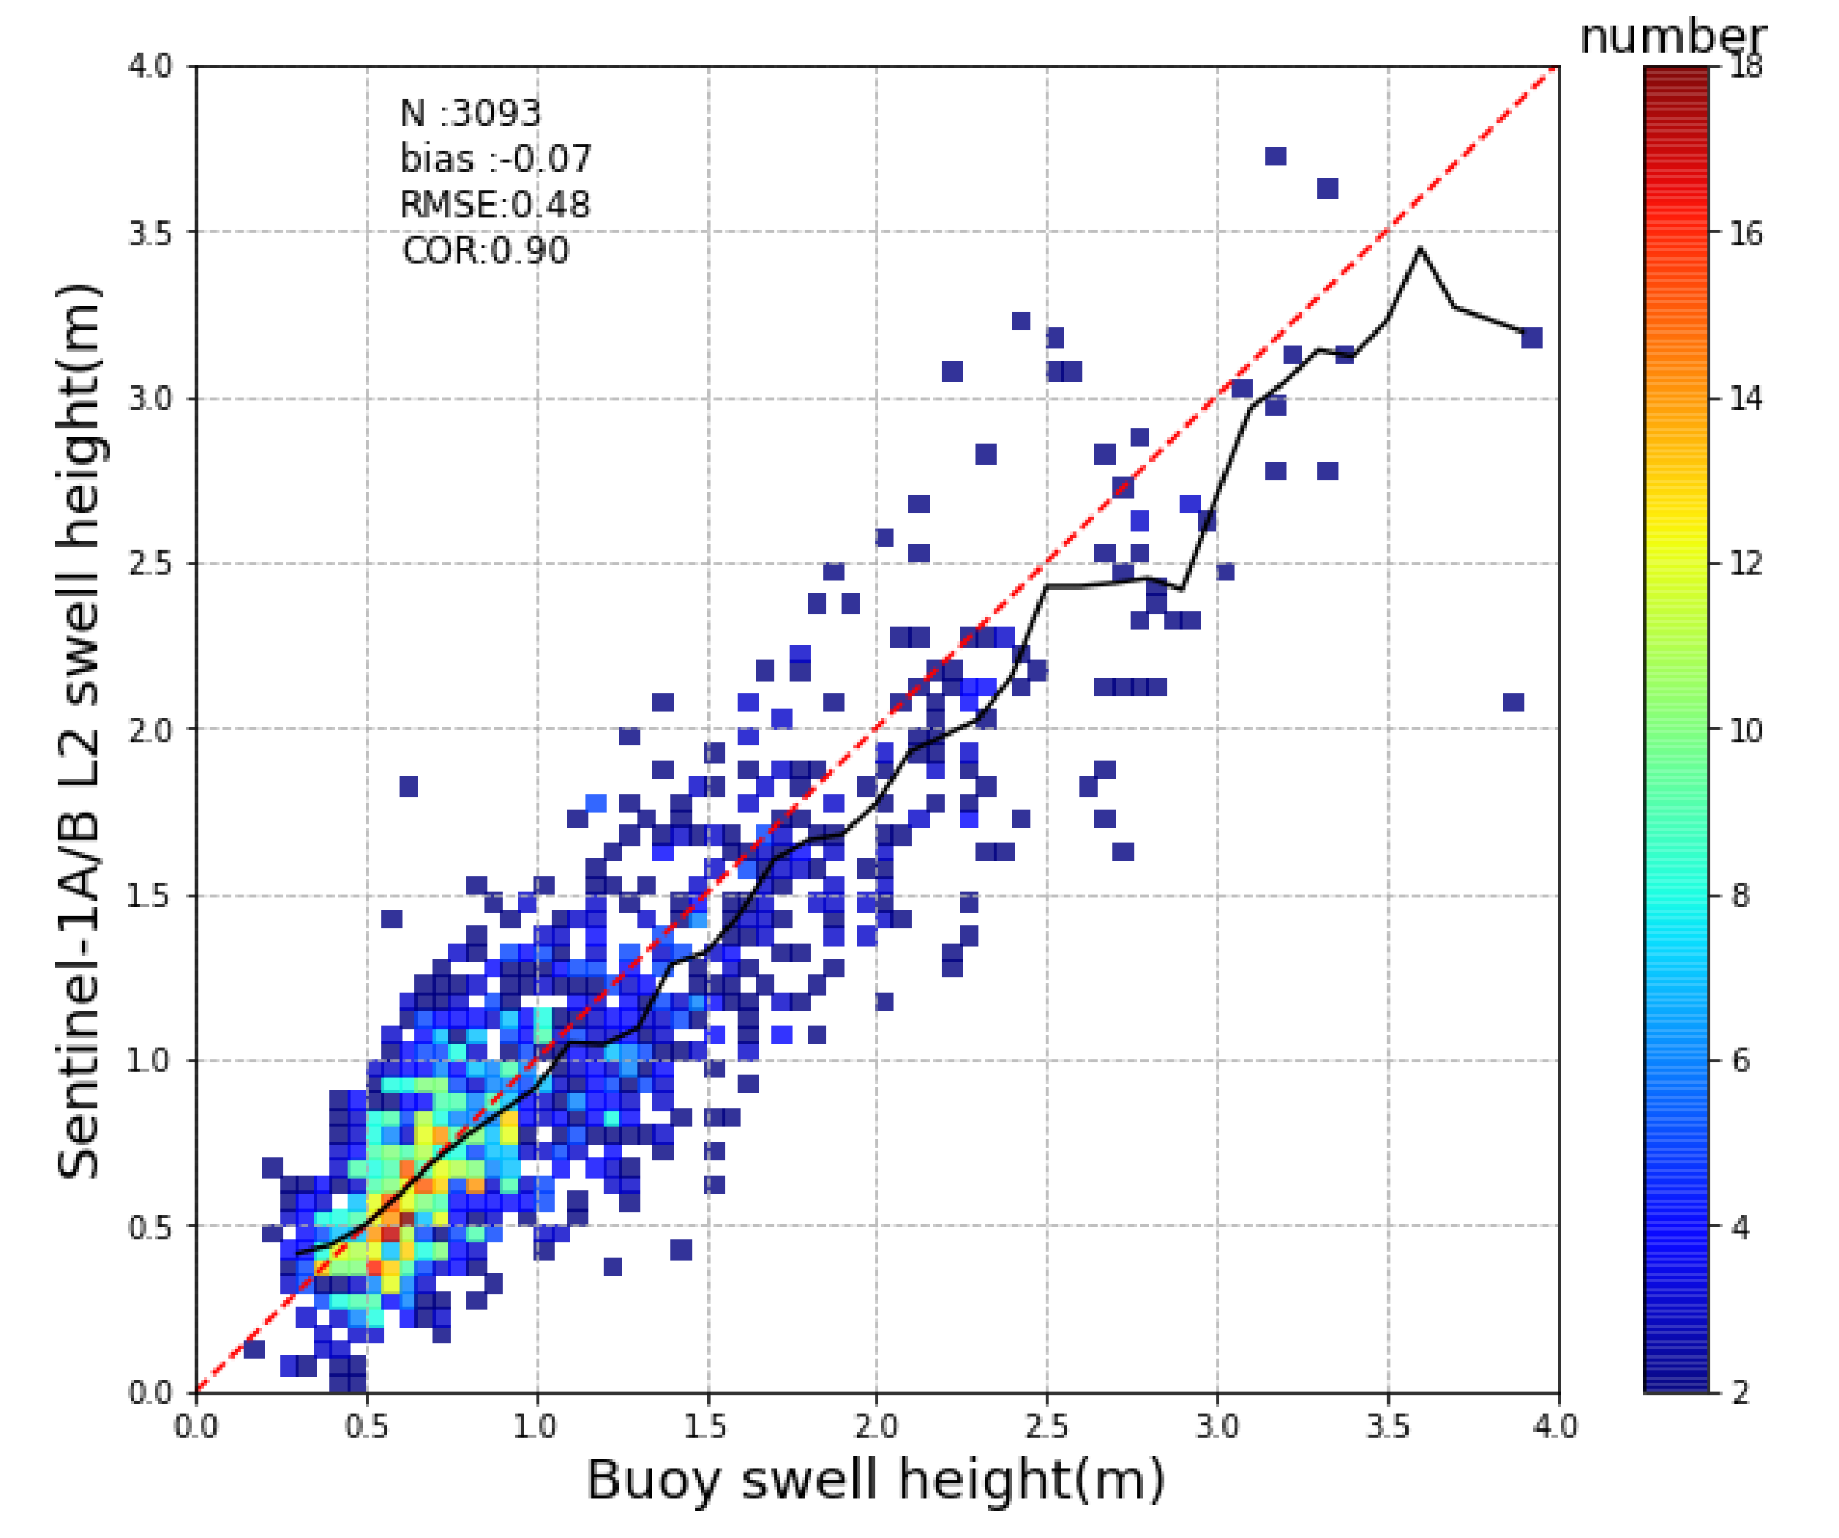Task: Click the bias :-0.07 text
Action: (495, 160)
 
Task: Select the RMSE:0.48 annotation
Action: (495, 205)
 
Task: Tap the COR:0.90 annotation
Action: (485, 251)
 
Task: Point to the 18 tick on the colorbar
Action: (1745, 67)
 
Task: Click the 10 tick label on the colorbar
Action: (1745, 731)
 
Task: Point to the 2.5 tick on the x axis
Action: (1047, 1427)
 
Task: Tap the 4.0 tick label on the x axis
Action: (1558, 1427)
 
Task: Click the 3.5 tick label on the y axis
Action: (151, 233)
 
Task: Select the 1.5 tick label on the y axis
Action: (151, 896)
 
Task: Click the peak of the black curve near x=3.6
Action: (1420, 250)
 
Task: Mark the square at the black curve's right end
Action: (1532, 338)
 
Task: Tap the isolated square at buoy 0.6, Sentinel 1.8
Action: (408, 786)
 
